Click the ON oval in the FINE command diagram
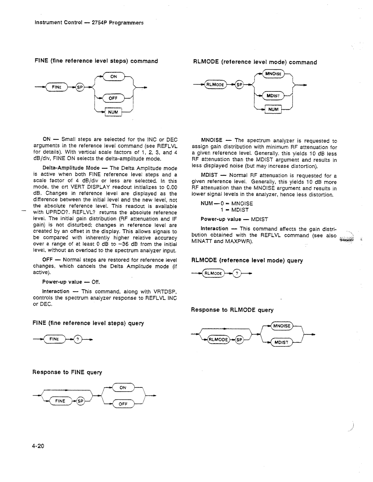(x=113, y=77)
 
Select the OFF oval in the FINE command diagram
(x=114, y=98)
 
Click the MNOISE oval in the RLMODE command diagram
(x=274, y=73)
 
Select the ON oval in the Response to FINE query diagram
(x=123, y=387)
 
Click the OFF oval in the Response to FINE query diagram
(x=123, y=404)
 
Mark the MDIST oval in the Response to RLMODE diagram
(x=281, y=342)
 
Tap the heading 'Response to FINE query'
(x=67, y=372)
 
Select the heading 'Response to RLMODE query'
(x=232, y=310)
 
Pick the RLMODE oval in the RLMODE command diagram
(x=216, y=85)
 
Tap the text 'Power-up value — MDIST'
(x=235, y=219)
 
